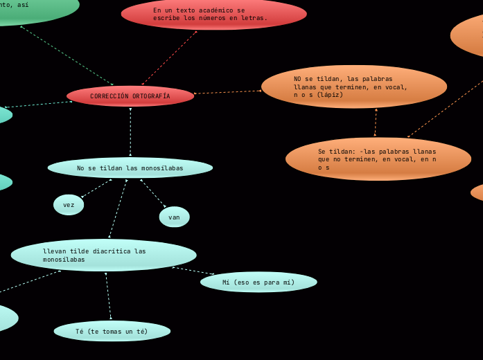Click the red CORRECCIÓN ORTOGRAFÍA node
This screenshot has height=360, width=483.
pyautogui.click(x=130, y=96)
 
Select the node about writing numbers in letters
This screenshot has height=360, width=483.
pyautogui.click(x=213, y=14)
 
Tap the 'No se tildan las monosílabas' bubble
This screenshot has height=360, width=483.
pyautogui.click(x=130, y=168)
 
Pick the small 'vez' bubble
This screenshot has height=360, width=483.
pyautogui.click(x=69, y=205)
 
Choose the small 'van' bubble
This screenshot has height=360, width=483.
pyautogui.click(x=174, y=217)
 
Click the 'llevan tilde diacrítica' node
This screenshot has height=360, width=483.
pyautogui.click(x=104, y=255)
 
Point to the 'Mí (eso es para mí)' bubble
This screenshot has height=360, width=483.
pyautogui.click(x=258, y=282)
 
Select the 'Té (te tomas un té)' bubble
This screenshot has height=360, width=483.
pyautogui.click(x=112, y=332)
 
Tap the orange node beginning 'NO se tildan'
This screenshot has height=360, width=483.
pyautogui.click(x=353, y=87)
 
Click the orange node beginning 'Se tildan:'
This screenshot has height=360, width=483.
pyautogui.click(x=378, y=159)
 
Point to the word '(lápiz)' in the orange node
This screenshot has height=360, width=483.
pyautogui.click(x=329, y=95)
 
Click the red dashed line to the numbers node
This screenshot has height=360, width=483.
pyautogui.click(x=169, y=58)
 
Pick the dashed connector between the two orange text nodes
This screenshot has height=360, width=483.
pyautogui.click(x=376, y=123)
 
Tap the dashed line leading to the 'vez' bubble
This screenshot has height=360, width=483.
pyautogui.click(x=96, y=188)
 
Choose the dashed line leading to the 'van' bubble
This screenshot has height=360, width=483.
pyautogui.click(x=153, y=193)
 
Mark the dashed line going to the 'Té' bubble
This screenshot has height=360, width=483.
pyautogui.click(x=108, y=296)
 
